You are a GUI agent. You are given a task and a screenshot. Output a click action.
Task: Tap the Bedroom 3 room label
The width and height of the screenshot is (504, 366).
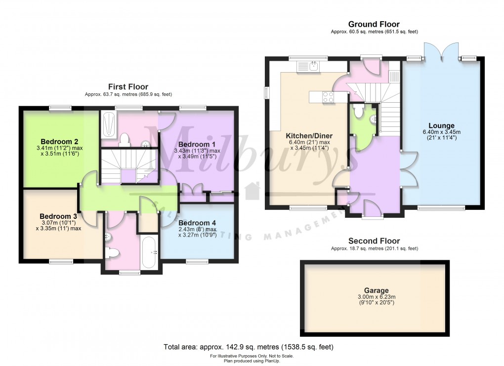[58, 216]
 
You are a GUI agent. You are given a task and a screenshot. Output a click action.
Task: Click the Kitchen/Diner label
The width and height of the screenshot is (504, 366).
[309, 136]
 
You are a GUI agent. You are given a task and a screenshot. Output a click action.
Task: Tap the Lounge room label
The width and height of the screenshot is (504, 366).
[441, 125]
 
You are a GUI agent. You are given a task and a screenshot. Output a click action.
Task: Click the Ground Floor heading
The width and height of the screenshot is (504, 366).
[374, 24]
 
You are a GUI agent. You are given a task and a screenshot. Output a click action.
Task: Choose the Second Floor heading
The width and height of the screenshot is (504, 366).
[374, 241]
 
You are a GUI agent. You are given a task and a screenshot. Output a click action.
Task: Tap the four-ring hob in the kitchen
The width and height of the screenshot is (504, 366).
[328, 97]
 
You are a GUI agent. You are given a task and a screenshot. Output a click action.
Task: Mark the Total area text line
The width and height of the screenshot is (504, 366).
[252, 347]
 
